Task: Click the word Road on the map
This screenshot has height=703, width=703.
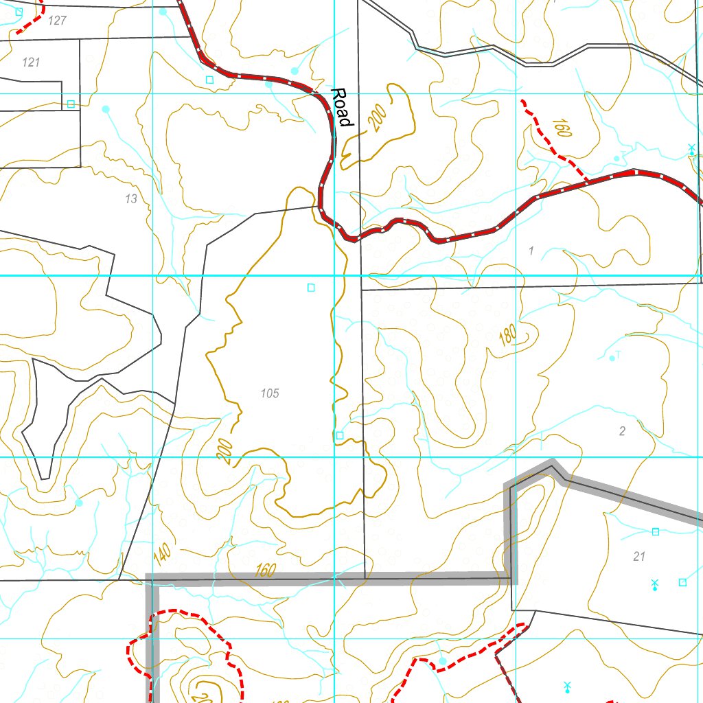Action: (341, 107)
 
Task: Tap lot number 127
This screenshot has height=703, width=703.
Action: (58, 21)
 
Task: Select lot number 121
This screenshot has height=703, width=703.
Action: (31, 62)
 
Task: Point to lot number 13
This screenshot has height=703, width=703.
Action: (131, 199)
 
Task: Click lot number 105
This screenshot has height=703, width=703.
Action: (270, 393)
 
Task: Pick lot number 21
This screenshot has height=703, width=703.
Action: (639, 557)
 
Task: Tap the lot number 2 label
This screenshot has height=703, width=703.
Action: (622, 431)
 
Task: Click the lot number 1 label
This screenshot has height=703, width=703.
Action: (531, 251)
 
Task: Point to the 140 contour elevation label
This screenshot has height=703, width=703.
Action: (162, 551)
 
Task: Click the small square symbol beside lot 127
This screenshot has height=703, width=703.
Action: (19, 12)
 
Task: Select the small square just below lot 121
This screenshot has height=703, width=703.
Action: (71, 104)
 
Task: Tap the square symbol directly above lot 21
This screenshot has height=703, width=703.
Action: (655, 531)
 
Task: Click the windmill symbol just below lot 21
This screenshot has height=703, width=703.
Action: (654, 584)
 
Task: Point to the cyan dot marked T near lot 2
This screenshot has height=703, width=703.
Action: (612, 358)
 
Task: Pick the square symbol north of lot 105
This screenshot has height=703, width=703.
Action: (311, 288)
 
